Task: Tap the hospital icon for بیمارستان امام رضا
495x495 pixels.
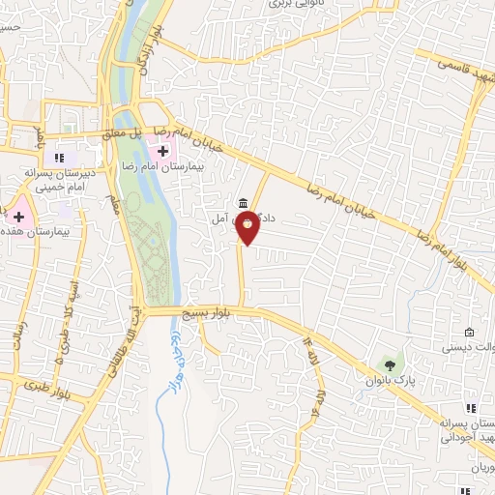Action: click(x=163, y=151)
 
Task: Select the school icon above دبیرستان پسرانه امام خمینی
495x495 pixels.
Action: click(x=59, y=158)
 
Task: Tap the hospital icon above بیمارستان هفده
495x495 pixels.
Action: click(x=18, y=214)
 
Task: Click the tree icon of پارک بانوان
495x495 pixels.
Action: click(x=391, y=364)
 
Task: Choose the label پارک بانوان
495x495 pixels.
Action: click(x=396, y=380)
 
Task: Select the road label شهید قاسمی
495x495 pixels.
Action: click(x=460, y=64)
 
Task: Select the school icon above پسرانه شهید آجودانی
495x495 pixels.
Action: click(x=473, y=410)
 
